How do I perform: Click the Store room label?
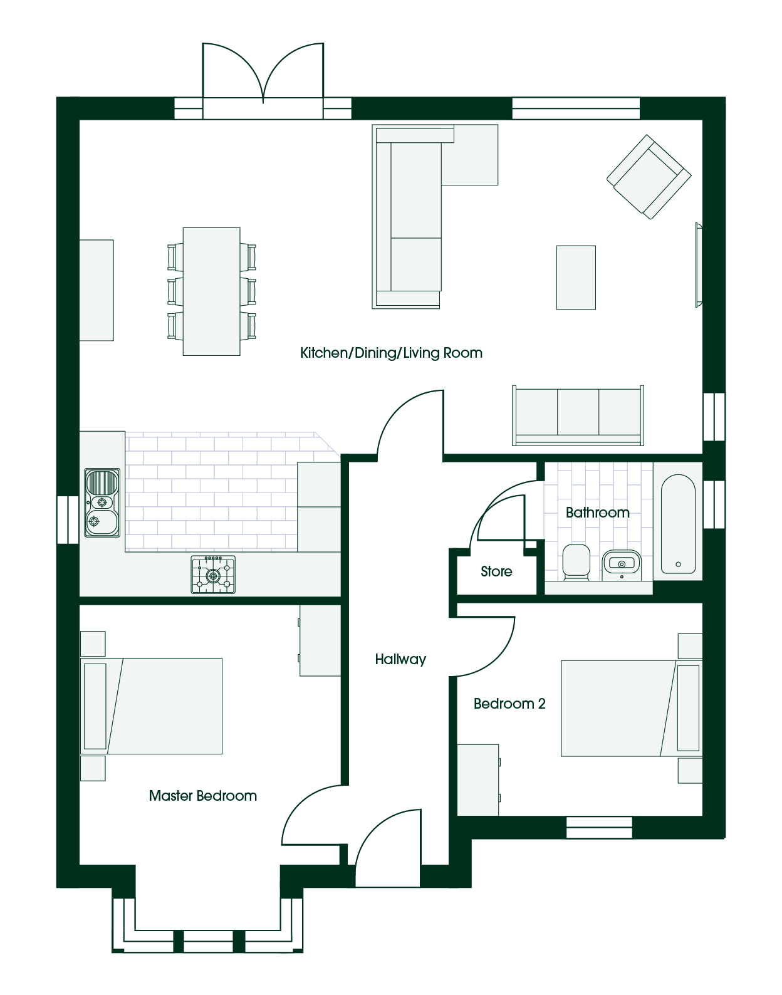pos(496,571)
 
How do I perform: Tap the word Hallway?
pos(400,660)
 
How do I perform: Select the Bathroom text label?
pos(598,513)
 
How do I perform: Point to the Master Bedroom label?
pos(203,796)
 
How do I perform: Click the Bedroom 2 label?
pos(509,703)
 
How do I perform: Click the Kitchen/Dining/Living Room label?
pos(391,353)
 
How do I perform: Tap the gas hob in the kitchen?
pos(213,575)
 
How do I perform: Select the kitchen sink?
pos(102,503)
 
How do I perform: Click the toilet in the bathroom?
pos(576,562)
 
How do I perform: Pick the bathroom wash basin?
pos(622,565)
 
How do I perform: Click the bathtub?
pos(678,524)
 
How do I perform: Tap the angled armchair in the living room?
pos(649,177)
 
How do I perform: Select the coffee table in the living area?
pos(576,278)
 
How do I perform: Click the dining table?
pos(212,291)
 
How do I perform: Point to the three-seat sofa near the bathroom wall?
pos(578,415)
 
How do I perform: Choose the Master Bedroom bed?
pos(151,706)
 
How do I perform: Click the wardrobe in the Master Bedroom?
pos(320,640)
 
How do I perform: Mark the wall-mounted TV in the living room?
pos(699,264)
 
